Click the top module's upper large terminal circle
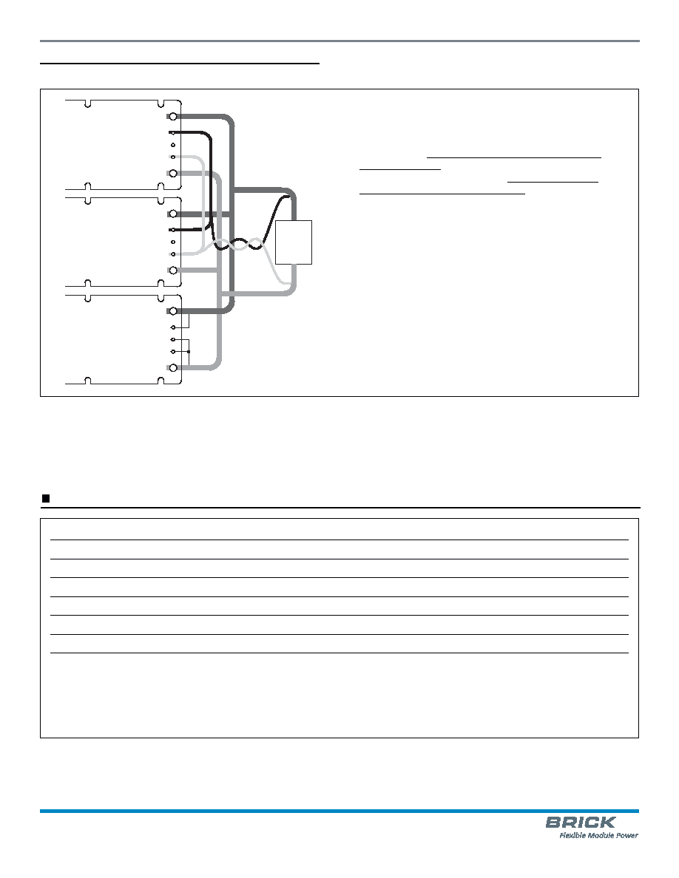(x=173, y=117)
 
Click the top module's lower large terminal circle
(x=173, y=174)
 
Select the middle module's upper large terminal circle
(x=173, y=214)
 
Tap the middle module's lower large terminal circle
(x=173, y=270)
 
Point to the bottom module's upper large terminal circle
(x=173, y=311)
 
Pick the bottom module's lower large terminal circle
(x=173, y=368)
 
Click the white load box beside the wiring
(x=294, y=242)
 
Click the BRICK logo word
(x=581, y=823)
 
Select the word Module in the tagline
(x=601, y=835)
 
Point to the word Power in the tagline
(x=627, y=835)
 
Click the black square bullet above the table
(x=47, y=498)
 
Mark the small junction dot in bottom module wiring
(x=189, y=352)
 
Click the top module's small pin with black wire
(x=172, y=133)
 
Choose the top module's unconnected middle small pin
(x=173, y=145)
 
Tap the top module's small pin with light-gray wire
(x=173, y=157)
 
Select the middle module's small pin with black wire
(x=172, y=230)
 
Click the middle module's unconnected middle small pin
(x=173, y=242)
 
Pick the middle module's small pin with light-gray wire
(x=173, y=254)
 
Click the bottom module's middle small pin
(x=173, y=339)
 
